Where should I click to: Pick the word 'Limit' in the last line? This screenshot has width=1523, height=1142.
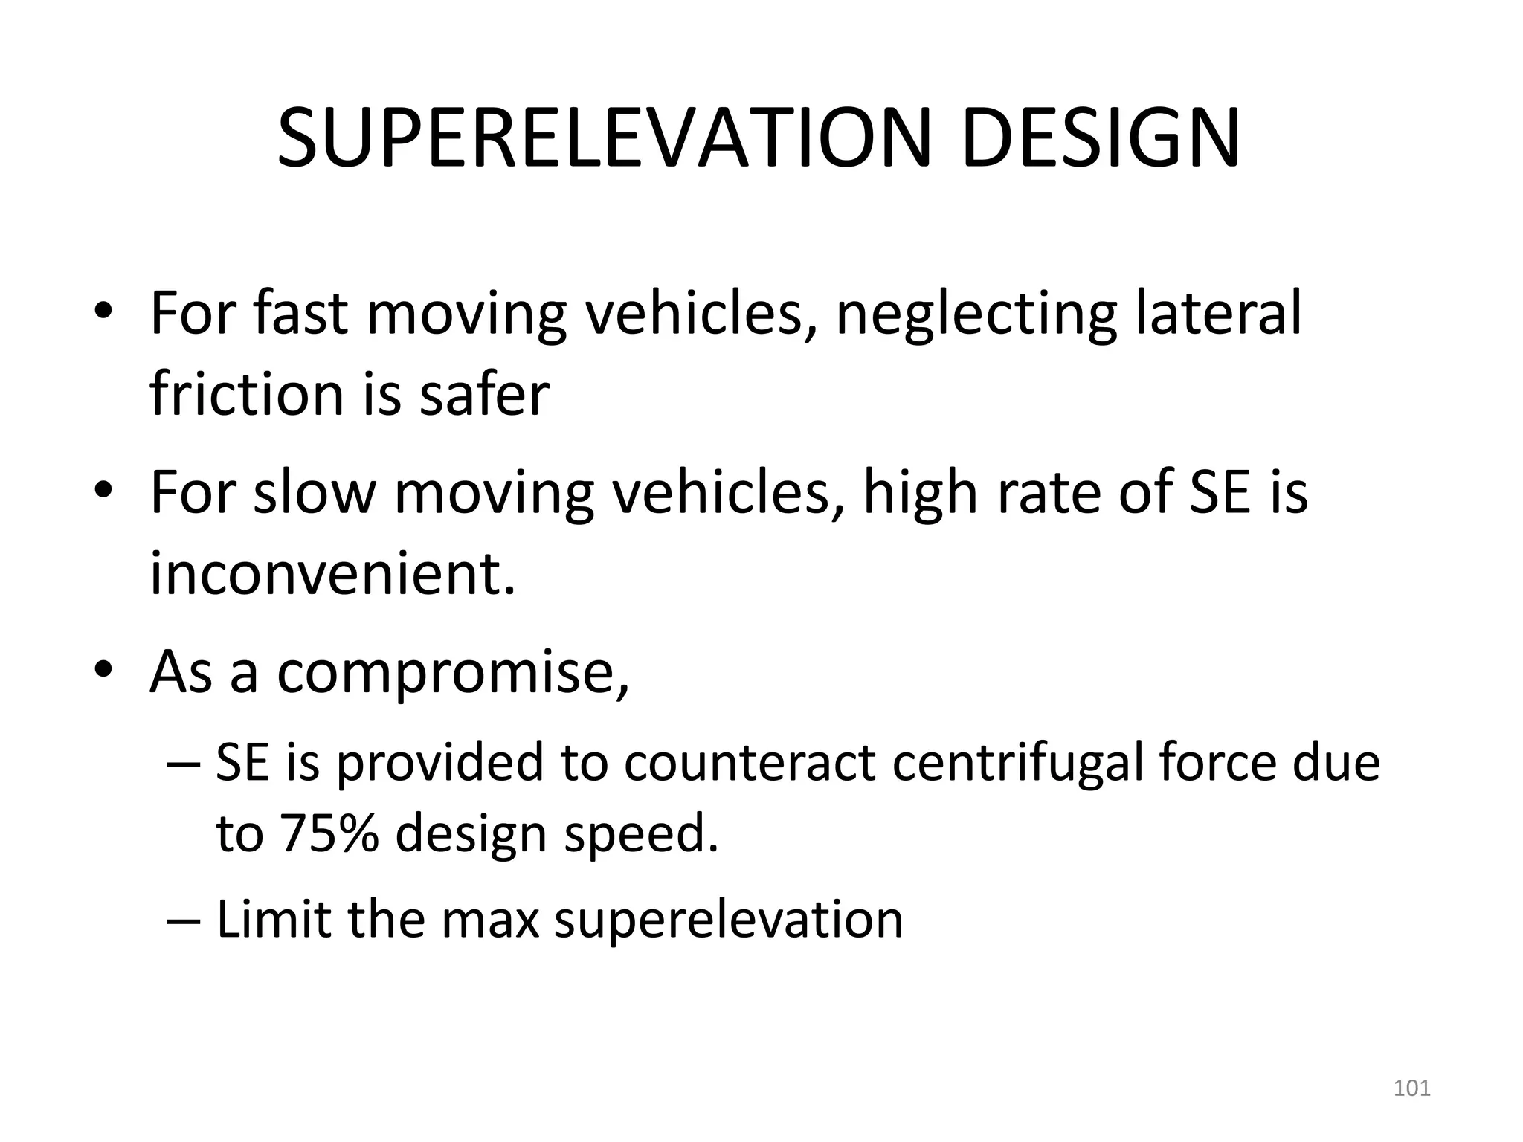click(x=273, y=919)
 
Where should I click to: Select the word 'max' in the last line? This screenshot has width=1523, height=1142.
click(x=490, y=920)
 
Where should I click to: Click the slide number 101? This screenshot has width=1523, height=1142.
click(x=1411, y=1088)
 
